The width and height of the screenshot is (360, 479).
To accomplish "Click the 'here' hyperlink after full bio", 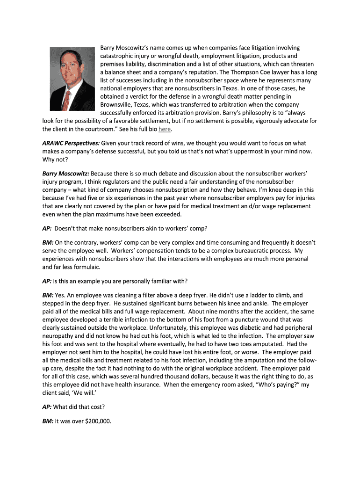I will pyautogui.click(x=164, y=129).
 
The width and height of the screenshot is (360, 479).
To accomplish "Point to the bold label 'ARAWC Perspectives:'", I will pyautogui.click(x=71, y=143).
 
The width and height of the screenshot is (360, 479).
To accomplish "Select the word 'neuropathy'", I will pyautogui.click(x=59, y=336).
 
